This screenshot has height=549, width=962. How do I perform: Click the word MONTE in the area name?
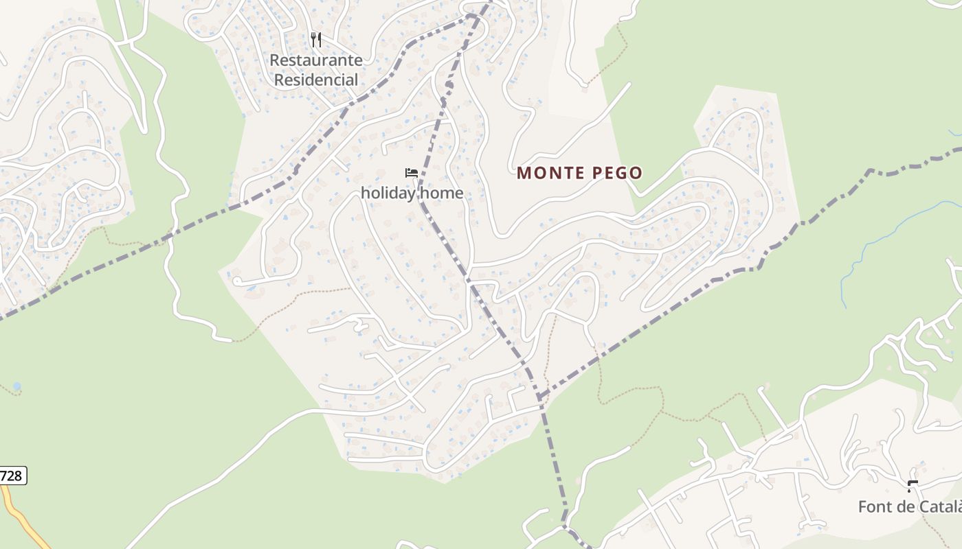tap(548, 173)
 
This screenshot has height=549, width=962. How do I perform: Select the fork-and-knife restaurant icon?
tap(316, 39)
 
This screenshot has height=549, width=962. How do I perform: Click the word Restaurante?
tap(315, 60)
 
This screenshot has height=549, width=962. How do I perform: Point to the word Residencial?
tap(316, 80)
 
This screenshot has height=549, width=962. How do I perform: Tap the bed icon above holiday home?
tap(412, 173)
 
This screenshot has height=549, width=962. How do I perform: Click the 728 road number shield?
tap(12, 476)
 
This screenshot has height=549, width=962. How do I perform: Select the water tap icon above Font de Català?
tap(913, 487)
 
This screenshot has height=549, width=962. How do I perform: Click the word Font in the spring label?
tap(873, 507)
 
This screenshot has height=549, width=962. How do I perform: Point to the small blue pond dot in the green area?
tap(16, 386)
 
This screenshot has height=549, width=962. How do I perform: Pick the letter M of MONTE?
tap(524, 173)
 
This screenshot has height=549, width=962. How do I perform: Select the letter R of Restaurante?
tap(274, 60)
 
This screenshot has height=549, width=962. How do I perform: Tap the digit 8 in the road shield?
tap(19, 476)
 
